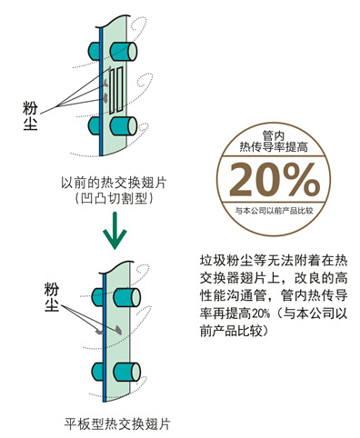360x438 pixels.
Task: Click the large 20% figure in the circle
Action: pos(275,180)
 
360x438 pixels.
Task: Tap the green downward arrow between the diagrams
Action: pos(115,231)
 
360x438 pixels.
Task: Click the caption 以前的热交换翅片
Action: pos(114,184)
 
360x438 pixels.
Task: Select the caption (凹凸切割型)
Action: pos(114,199)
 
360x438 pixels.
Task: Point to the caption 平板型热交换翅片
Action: pos(117,423)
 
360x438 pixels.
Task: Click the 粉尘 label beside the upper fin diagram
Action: pos(30,115)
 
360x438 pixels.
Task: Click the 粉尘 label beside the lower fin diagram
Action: pos(52,297)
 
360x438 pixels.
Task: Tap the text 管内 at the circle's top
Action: pos(274,135)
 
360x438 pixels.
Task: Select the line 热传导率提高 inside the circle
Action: pos(274,147)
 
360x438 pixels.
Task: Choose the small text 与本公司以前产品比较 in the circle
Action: pos(274,211)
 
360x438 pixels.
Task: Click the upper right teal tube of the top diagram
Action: pos(123,52)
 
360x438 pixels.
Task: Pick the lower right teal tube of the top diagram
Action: pos(123,126)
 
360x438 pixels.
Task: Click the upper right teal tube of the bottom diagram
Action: pos(126,297)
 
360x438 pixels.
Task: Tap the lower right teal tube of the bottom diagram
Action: pos(126,372)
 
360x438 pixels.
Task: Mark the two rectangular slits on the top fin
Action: pos(116,90)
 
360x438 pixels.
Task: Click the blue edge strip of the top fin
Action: pos(101,92)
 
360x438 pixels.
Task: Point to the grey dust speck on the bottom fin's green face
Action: pos(118,331)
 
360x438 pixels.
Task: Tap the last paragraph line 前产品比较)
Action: pos(234,331)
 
